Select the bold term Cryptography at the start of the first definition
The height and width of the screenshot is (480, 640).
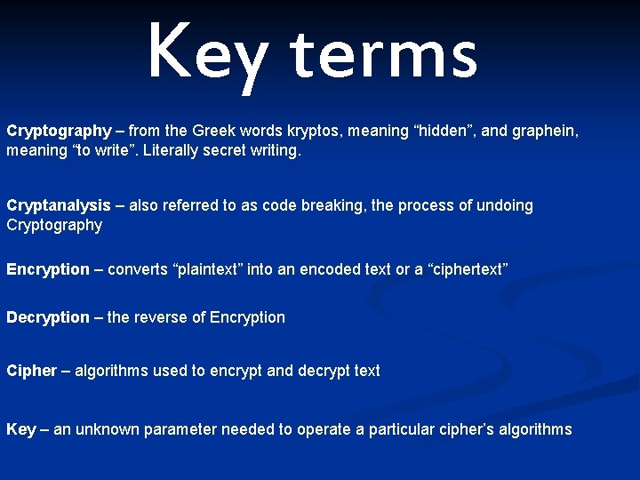(x=60, y=132)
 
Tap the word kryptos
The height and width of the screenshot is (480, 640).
(x=312, y=132)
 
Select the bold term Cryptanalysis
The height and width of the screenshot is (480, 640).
(x=59, y=206)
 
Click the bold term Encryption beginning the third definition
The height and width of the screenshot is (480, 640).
(x=48, y=269)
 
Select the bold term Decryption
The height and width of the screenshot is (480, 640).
(x=48, y=317)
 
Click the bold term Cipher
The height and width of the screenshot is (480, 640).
(x=31, y=371)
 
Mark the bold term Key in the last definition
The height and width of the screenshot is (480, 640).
(x=21, y=430)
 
